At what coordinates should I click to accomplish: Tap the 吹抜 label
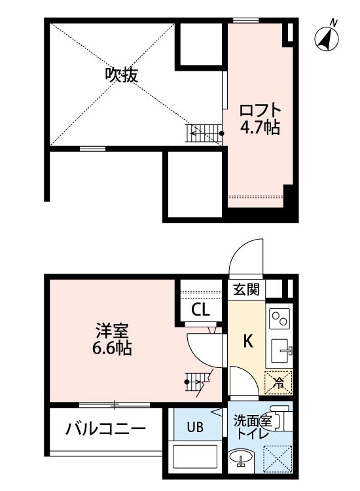coord(121,75)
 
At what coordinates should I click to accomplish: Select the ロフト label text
coord(260,111)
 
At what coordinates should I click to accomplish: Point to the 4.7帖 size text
coord(260,127)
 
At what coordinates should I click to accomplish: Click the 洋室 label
coord(112,331)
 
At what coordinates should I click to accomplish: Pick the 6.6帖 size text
coord(112,348)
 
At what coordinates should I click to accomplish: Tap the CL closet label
coord(200,310)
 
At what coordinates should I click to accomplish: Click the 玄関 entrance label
coord(247,289)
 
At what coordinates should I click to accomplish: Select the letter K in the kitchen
coord(248,341)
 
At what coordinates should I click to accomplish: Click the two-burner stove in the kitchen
coord(280,318)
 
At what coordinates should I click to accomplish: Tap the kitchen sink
coord(281,351)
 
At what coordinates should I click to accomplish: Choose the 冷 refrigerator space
coord(278,382)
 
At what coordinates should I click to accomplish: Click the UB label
coord(195,427)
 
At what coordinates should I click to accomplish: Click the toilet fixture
coord(281,419)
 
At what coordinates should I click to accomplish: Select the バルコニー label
coord(106,428)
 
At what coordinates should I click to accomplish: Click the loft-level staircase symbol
coord(204,134)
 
